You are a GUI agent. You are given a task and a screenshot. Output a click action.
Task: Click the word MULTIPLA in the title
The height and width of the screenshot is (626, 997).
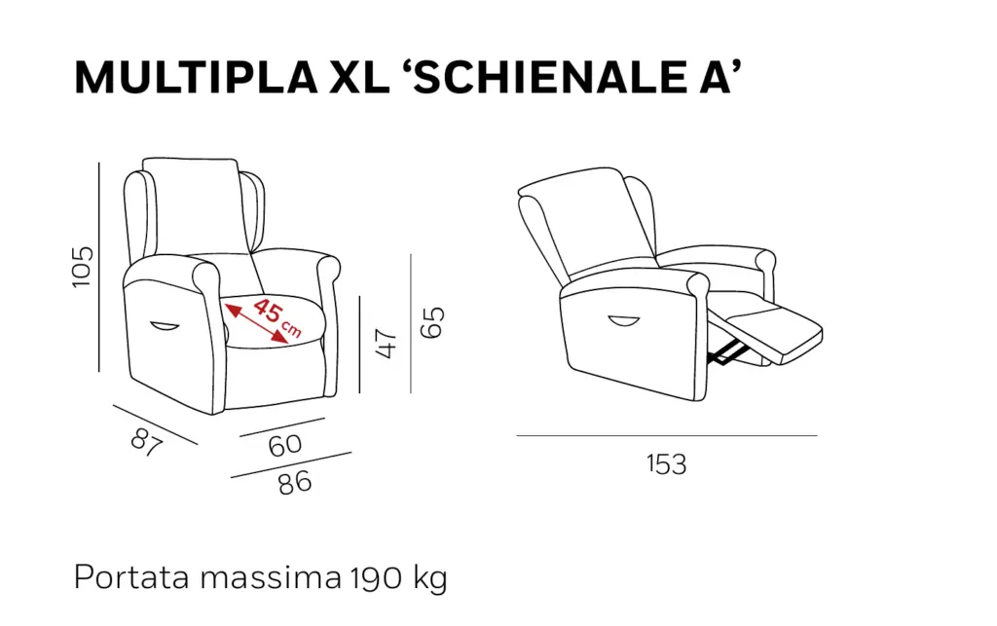196,78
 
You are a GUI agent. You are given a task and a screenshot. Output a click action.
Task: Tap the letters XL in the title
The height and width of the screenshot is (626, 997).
360,78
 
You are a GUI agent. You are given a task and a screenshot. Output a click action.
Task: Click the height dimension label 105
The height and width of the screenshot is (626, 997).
83,267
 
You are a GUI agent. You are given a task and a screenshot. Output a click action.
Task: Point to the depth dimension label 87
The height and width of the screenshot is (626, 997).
147,442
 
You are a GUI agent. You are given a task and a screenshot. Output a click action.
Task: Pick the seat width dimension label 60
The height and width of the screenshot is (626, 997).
285,446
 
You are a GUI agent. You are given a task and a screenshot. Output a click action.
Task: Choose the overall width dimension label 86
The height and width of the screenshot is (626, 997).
295,483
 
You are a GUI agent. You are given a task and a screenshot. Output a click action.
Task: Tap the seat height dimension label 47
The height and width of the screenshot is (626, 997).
387,344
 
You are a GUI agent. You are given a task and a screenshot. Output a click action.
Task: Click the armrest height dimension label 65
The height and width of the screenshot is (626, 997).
433,322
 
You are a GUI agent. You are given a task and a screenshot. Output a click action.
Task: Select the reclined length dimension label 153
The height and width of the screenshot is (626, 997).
667,464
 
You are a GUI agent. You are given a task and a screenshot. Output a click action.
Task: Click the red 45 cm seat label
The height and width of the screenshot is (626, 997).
277,317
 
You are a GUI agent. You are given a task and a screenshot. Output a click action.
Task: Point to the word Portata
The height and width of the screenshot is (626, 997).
131,577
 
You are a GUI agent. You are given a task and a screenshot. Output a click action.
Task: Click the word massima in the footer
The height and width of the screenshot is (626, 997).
271,577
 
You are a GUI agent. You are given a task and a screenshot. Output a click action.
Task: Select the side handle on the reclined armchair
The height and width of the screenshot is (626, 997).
623,321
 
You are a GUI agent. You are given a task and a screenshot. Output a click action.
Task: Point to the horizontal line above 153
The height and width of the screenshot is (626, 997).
667,436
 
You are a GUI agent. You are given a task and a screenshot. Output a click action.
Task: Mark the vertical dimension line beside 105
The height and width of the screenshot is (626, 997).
99,267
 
